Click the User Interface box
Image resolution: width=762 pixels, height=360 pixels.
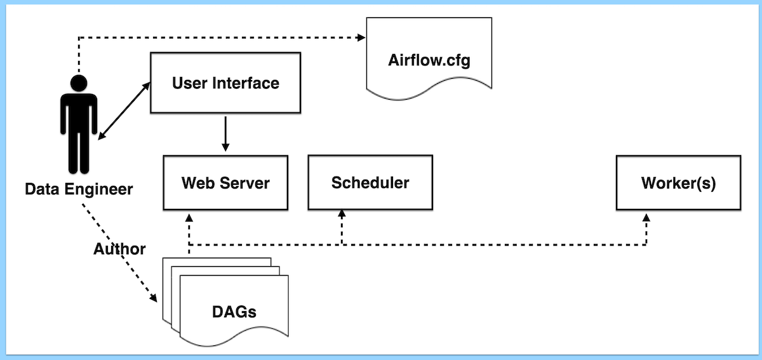225,83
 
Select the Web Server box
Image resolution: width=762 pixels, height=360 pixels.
225,183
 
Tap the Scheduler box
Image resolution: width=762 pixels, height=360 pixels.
370,183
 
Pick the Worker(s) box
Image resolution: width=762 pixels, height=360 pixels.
678,183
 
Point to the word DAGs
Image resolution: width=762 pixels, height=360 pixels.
234,312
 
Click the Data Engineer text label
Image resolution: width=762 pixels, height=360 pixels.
79,189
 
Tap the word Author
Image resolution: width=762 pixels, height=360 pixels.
119,249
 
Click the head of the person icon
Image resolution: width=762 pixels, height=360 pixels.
79,83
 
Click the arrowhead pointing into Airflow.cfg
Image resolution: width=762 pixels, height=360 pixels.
362,37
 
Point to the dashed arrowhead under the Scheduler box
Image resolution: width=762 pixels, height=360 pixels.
342,216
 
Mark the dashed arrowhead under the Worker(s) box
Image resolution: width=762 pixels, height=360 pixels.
646,217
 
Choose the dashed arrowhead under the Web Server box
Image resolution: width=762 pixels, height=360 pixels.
189,216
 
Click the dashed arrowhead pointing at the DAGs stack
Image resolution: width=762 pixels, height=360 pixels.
153,297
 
